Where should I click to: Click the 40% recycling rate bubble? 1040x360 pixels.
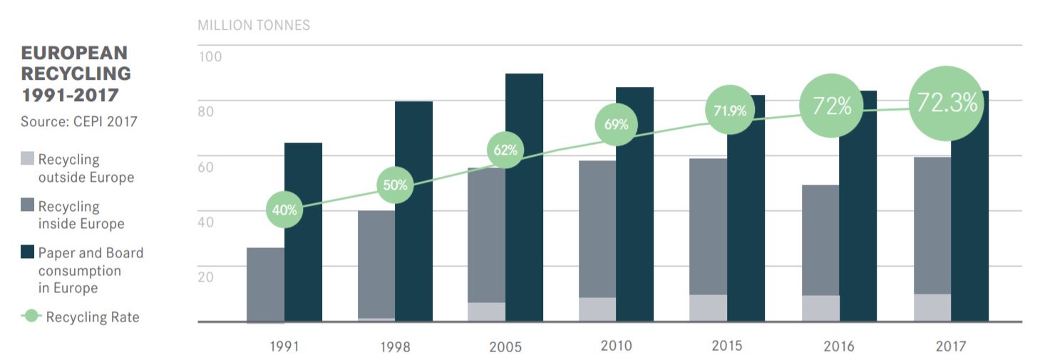point(284,210)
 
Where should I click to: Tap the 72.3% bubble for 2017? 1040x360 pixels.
point(947,104)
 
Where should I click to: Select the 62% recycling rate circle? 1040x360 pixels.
point(505,150)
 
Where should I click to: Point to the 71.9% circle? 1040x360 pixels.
point(729,110)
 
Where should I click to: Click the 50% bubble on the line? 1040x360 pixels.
point(394,185)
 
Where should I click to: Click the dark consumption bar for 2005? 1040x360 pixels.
point(524,214)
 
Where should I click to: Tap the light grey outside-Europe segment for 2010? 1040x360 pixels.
point(597,309)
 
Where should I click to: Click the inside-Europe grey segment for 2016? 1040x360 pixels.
point(820,240)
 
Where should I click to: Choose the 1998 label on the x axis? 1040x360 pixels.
point(394,347)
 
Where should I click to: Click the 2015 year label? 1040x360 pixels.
point(726,346)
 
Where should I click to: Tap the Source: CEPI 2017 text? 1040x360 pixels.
point(79,122)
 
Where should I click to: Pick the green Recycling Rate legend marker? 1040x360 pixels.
point(31,316)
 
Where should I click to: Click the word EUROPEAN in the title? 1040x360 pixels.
point(74,53)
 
